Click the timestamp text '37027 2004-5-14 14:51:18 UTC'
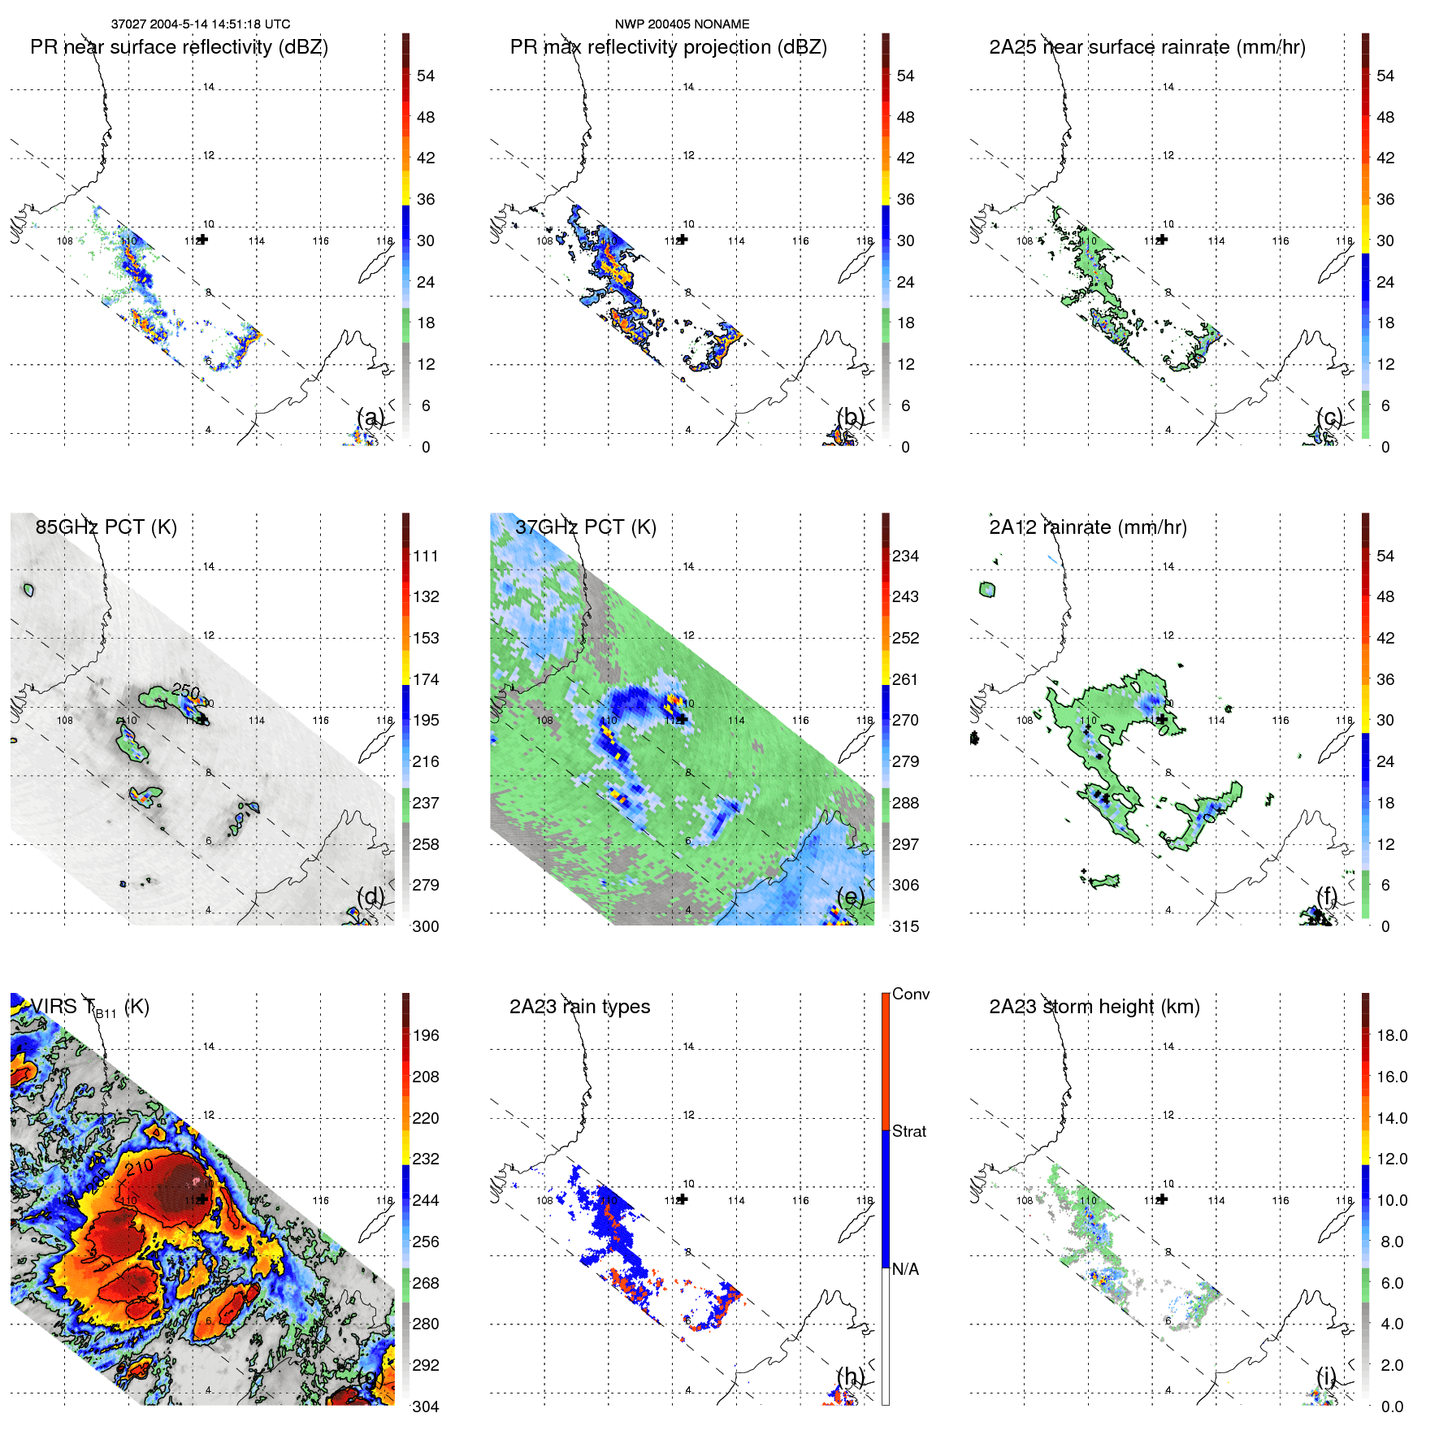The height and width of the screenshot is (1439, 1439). [x=200, y=24]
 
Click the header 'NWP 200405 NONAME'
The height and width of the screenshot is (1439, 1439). [x=682, y=24]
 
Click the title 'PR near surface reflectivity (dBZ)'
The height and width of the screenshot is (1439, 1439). [x=179, y=47]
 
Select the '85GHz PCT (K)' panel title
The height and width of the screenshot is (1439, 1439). [x=106, y=527]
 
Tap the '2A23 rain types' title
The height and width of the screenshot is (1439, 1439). [x=579, y=1007]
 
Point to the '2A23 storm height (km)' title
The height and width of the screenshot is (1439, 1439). [x=1094, y=1007]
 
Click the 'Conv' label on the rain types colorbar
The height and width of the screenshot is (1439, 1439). [x=910, y=994]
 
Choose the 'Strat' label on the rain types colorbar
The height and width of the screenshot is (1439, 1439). [x=908, y=1131]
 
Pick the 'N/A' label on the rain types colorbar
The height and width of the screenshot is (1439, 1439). [x=905, y=1269]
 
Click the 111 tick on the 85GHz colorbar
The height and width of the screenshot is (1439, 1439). [x=426, y=556]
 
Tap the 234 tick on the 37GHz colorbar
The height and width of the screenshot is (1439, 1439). [x=905, y=556]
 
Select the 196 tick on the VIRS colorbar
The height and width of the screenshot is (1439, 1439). [x=426, y=1035]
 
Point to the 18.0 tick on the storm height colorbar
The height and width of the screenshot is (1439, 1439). [x=1392, y=1035]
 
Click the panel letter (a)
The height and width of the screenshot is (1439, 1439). [x=371, y=418]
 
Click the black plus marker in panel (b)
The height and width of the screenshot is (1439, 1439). [x=683, y=240]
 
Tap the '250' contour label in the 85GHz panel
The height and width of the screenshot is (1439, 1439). [x=186, y=691]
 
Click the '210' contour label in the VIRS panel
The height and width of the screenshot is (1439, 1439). [x=139, y=1168]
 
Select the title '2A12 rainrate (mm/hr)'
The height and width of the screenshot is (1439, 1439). [x=1087, y=527]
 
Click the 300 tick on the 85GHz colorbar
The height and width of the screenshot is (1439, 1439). [x=426, y=926]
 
